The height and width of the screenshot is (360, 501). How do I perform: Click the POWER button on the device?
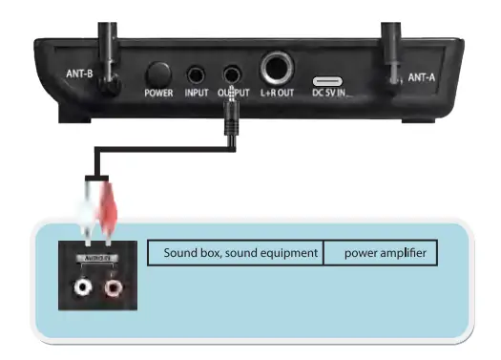tap(158, 74)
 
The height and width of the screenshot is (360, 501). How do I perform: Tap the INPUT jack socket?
tap(196, 74)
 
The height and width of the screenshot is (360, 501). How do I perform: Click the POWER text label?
tap(158, 94)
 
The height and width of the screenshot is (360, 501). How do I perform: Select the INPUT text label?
tap(196, 94)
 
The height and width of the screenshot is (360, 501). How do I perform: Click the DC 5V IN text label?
tap(332, 94)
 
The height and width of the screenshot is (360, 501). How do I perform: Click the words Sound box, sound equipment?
tap(234, 253)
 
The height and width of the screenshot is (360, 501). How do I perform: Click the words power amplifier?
tap(380, 253)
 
